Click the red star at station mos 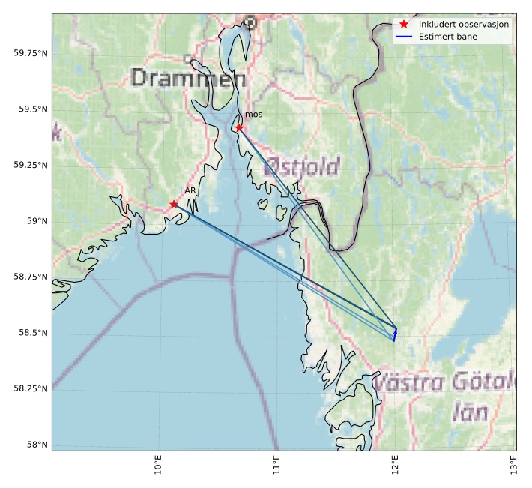pos(239,127)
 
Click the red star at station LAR pos(174,204)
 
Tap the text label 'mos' pos(253,115)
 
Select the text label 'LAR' pos(187,191)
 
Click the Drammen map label pos(188,78)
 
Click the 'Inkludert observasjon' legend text pos(464,25)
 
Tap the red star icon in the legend pos(404,25)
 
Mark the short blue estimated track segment pos(394,334)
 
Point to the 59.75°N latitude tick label pos(31,54)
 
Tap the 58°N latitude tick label pos(36,445)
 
